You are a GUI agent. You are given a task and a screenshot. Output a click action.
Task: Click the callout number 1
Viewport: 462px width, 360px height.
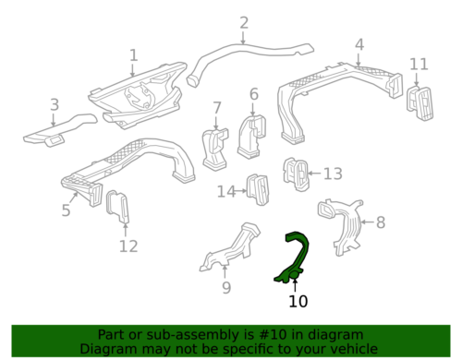tap(133, 55)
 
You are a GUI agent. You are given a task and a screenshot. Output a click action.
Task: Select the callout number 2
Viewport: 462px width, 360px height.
tap(244, 23)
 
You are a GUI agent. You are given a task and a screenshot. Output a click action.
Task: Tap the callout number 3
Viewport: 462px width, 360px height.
tap(55, 105)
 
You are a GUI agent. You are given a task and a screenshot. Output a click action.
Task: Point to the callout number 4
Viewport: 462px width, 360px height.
tap(359, 44)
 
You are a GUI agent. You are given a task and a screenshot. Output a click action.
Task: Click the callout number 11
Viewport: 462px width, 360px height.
tap(419, 64)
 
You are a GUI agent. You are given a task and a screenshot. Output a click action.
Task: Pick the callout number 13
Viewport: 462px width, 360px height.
tap(333, 174)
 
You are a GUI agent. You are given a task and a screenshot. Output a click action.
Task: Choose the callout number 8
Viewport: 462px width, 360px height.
tap(381, 222)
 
